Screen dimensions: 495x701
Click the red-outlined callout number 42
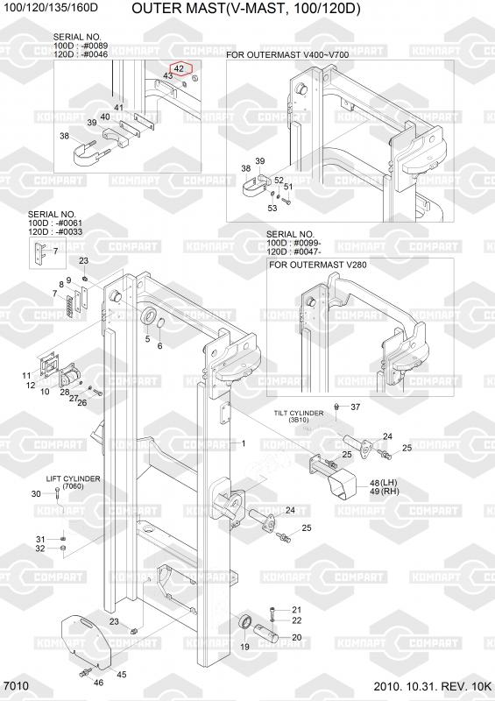tap(180, 69)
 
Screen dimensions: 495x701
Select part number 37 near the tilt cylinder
tap(355, 407)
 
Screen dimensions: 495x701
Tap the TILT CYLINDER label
tap(299, 413)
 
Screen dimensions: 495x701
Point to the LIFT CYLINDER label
tap(74, 478)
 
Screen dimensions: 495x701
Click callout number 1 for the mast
tap(244, 443)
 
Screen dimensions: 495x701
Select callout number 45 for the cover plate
tap(121, 675)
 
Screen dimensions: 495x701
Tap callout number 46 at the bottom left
tap(98, 683)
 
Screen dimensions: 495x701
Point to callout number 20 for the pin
tap(297, 638)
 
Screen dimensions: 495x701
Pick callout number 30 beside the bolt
tap(36, 493)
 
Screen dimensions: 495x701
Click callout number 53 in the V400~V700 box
tap(272, 208)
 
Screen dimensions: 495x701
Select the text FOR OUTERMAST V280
tap(317, 265)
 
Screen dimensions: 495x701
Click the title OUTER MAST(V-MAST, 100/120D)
tap(246, 9)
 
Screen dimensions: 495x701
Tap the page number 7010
tap(16, 686)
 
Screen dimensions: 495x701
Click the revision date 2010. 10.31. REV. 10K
tap(433, 686)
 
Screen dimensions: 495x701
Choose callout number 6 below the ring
tap(159, 346)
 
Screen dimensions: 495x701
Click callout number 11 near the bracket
tap(26, 376)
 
